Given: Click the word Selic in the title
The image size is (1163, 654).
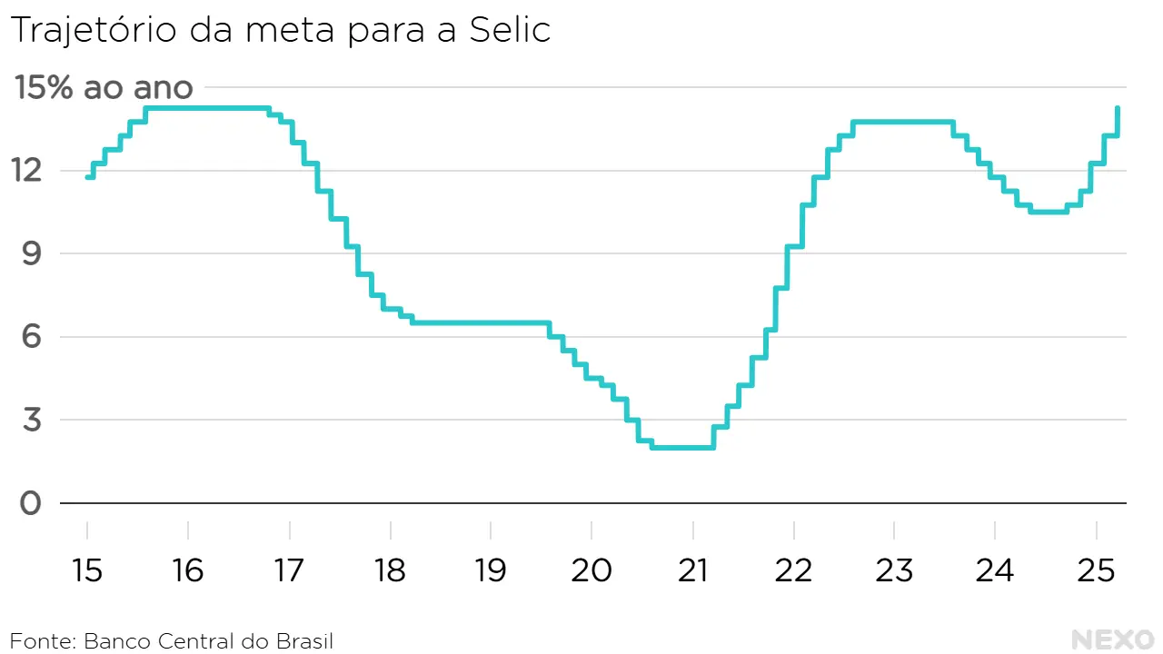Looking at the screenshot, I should point(511,31).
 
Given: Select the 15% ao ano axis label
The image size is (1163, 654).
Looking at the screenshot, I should point(103,88).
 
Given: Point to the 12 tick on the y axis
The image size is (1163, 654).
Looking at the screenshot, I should point(29,170).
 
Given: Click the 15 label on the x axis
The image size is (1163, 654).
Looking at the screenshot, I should point(87,570).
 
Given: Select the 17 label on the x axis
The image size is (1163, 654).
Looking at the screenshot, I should point(289,570).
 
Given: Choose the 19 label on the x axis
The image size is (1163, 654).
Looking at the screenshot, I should point(491,570).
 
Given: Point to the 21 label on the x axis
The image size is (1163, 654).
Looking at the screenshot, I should point(692,570).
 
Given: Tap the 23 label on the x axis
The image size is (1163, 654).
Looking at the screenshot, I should point(894,570).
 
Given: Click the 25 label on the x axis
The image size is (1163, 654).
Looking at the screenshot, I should point(1096,570).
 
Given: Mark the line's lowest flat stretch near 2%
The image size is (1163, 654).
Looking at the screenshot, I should point(682,447).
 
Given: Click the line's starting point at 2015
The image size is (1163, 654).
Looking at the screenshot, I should point(87,177).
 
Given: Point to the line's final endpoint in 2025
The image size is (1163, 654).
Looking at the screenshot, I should point(1117,108).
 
